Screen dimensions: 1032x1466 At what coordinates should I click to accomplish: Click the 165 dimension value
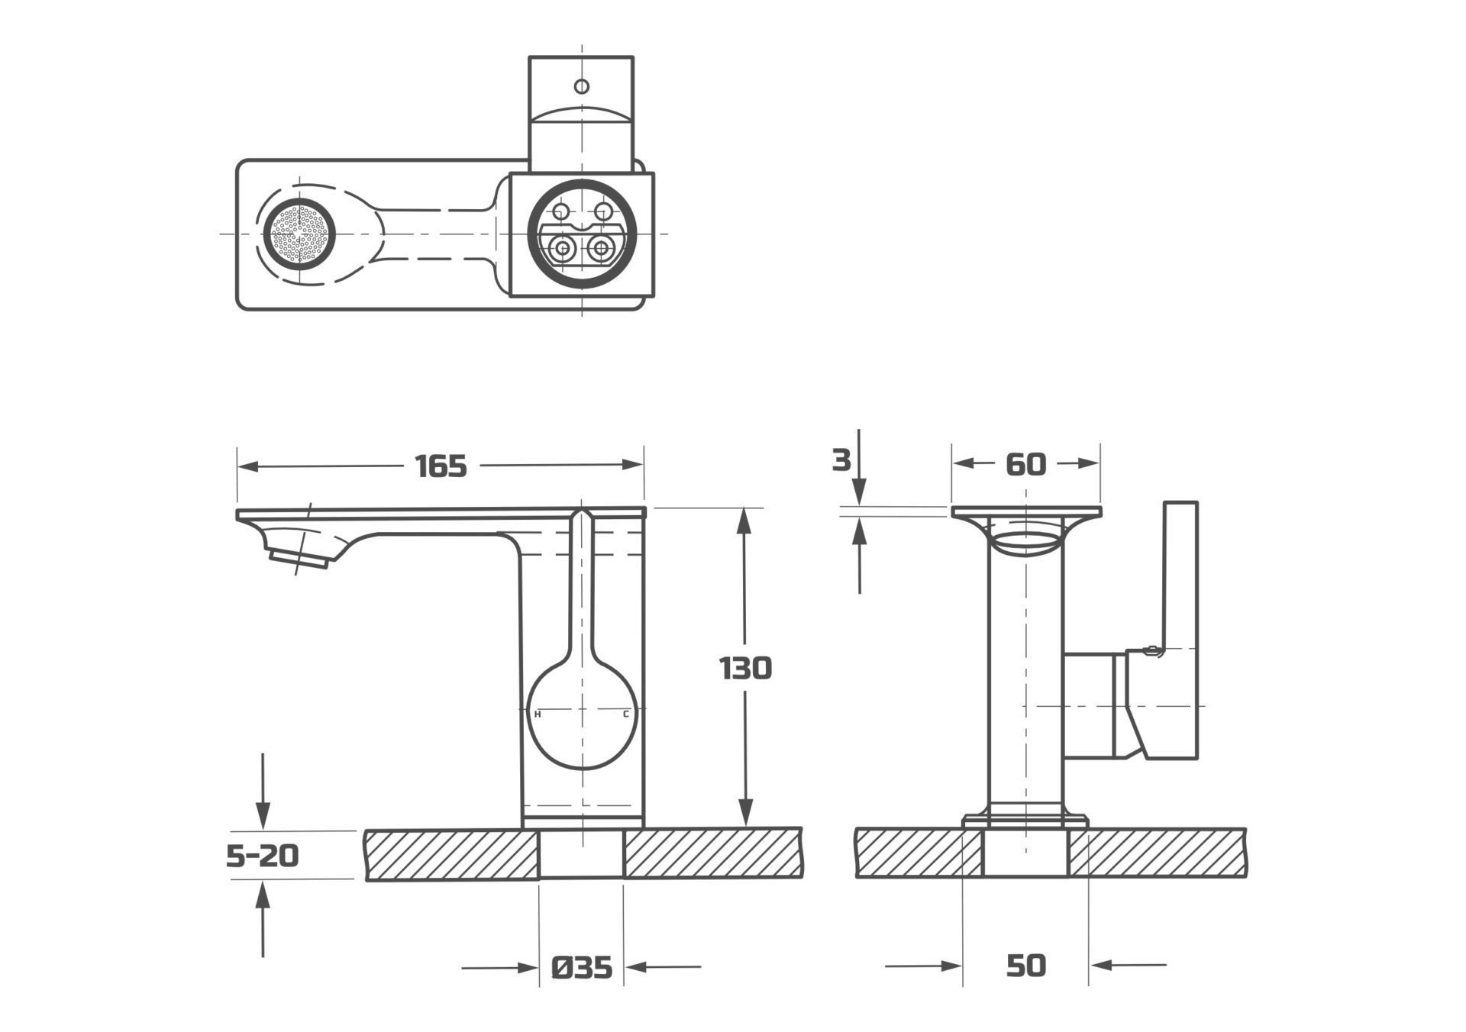[441, 466]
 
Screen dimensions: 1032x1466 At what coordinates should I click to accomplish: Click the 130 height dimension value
[745, 669]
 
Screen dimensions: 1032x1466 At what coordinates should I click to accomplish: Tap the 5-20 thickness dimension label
[262, 856]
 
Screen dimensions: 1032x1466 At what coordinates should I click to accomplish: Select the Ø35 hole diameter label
[582, 968]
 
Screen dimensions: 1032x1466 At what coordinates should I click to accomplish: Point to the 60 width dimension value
[1025, 464]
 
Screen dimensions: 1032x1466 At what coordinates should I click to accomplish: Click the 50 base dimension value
[1025, 966]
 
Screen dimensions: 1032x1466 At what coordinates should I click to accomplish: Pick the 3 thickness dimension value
[841, 460]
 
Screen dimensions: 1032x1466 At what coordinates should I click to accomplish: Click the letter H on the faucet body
[538, 714]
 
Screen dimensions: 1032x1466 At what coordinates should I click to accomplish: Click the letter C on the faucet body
[626, 714]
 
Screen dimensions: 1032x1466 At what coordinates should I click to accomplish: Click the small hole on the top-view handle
[582, 86]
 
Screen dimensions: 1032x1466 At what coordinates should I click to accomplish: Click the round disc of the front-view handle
[582, 714]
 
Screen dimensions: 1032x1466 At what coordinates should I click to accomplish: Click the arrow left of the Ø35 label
[527, 968]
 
